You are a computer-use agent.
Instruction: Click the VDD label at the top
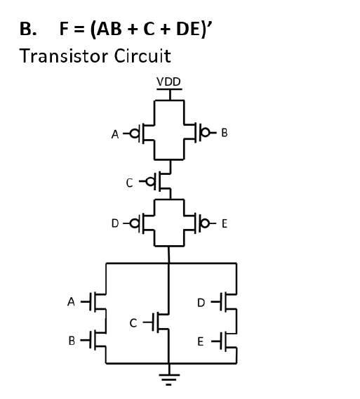[168, 82]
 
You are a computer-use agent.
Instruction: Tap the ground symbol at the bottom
[168, 379]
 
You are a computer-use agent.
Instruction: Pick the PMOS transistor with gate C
[164, 182]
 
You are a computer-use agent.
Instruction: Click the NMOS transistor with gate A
[100, 302]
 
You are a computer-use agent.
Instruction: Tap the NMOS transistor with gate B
[100, 341]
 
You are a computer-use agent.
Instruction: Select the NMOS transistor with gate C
[162, 322]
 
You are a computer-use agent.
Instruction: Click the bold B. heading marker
[27, 29]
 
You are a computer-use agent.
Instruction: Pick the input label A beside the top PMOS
[115, 133]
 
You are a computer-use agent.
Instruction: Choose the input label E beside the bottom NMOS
[201, 342]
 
